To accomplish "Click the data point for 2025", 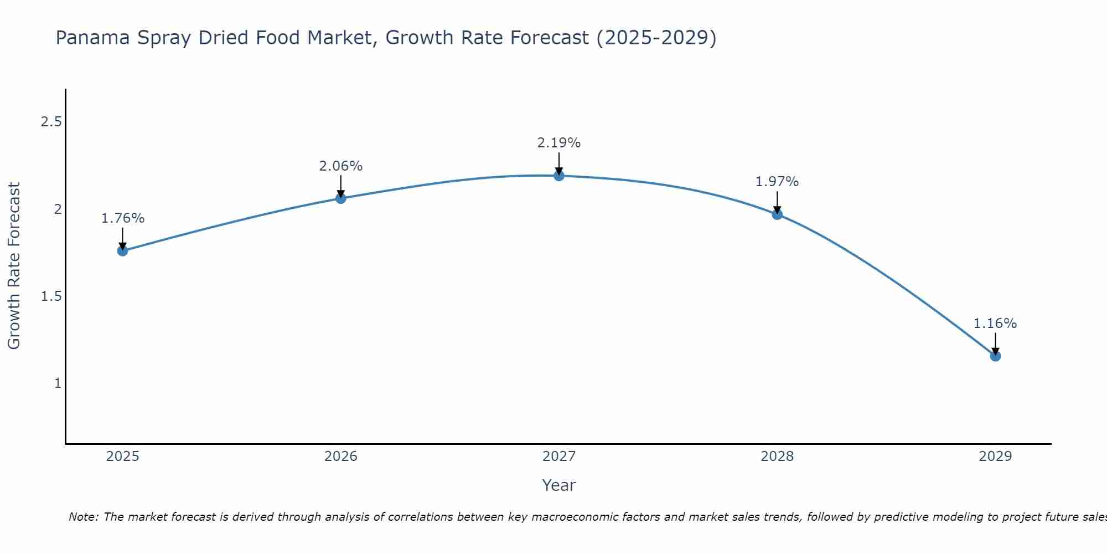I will pyautogui.click(x=122, y=251).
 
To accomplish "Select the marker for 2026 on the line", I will pyautogui.click(x=341, y=198).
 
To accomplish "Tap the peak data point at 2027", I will pyautogui.click(x=559, y=176).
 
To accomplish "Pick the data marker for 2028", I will pyautogui.click(x=777, y=214).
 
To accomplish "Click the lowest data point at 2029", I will pyautogui.click(x=995, y=356).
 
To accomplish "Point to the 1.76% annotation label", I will pyautogui.click(x=123, y=218).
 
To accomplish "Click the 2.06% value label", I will pyautogui.click(x=341, y=166).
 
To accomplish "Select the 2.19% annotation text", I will pyautogui.click(x=559, y=143).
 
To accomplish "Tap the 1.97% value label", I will pyautogui.click(x=777, y=182).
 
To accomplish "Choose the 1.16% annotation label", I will pyautogui.click(x=995, y=324).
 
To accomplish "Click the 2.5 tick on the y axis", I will pyautogui.click(x=51, y=122).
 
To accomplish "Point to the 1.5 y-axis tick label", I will pyautogui.click(x=51, y=296).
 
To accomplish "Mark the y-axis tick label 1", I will pyautogui.click(x=58, y=383).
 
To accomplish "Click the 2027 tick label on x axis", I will pyautogui.click(x=559, y=456).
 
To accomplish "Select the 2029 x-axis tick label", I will pyautogui.click(x=995, y=456).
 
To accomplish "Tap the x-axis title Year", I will pyautogui.click(x=559, y=485).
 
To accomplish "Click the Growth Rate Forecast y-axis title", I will pyautogui.click(x=14, y=266).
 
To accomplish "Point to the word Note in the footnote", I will pyautogui.click(x=83, y=517).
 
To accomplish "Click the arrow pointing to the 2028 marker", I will pyautogui.click(x=777, y=202).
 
